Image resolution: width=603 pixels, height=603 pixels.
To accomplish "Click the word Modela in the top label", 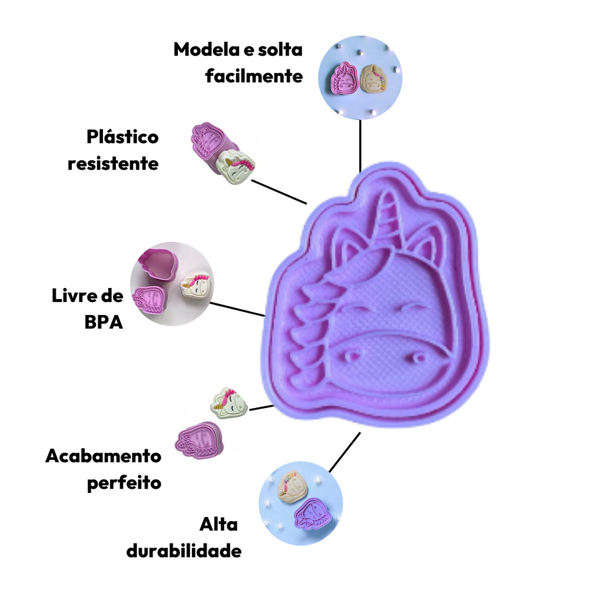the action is click(206, 49).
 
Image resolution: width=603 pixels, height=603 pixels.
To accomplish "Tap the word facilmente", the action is click(254, 76).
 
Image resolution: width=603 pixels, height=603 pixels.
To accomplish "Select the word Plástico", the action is click(122, 137).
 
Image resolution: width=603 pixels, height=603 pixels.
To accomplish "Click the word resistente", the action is click(113, 164).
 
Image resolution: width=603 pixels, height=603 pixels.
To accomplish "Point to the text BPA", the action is click(104, 322).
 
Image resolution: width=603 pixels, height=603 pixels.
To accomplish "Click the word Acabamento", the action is click(103, 456).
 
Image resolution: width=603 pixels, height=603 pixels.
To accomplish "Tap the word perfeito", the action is click(124, 483).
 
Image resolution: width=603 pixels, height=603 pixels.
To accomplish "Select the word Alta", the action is click(218, 524).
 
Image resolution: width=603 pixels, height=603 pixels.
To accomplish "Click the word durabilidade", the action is click(184, 551).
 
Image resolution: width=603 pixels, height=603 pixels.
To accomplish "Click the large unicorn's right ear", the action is click(425, 241).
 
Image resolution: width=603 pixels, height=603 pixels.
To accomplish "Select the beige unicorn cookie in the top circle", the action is click(373, 78).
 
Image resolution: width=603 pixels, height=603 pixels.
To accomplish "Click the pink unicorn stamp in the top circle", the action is click(344, 78).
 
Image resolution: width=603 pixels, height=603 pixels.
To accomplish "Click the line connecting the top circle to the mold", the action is click(360, 146).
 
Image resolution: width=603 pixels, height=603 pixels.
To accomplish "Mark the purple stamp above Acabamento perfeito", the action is click(199, 440).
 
